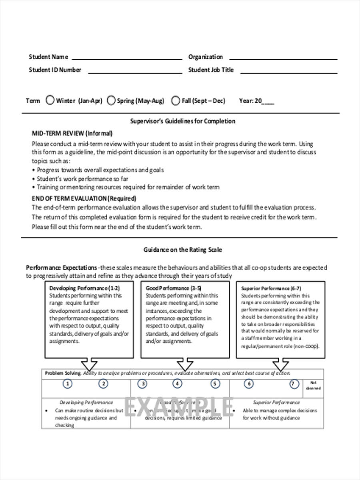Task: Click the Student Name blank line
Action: [x=126, y=58]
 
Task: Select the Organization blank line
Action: [x=283, y=58]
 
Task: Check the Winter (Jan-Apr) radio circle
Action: [x=50, y=100]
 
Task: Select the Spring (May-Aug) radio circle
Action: [x=111, y=100]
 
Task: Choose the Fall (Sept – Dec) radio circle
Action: [x=176, y=100]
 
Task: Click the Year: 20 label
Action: [x=250, y=101]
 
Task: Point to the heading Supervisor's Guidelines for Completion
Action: [x=183, y=121]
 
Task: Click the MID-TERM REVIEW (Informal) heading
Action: [x=72, y=133]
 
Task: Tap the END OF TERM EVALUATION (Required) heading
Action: [x=84, y=198]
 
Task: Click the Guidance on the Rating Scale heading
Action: [x=182, y=250]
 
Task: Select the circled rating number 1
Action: [x=68, y=384]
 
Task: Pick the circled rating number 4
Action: [x=177, y=384]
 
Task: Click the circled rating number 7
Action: [x=294, y=384]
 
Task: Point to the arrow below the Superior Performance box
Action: [x=280, y=365]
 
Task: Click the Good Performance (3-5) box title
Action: [x=173, y=288]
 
